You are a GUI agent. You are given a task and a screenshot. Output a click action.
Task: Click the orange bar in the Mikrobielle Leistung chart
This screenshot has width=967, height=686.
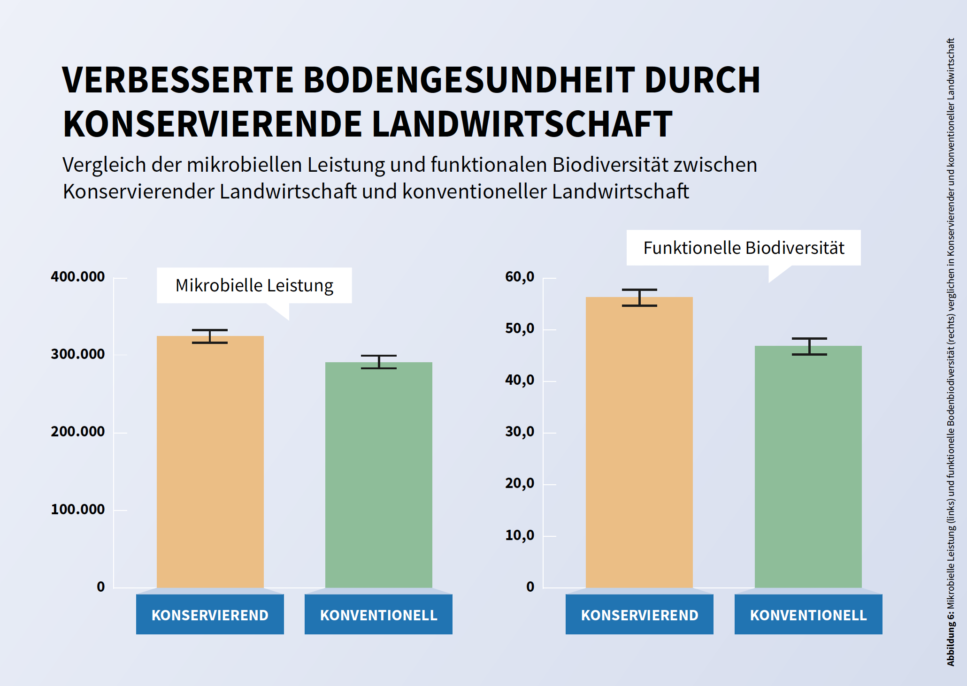[x=210, y=462]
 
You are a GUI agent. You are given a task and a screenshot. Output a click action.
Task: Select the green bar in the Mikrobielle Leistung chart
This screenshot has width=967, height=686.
[x=378, y=475]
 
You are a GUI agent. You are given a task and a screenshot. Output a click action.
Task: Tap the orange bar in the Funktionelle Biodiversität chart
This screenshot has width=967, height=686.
[x=639, y=442]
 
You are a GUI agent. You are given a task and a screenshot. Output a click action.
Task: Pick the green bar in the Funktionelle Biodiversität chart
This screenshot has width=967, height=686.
[x=808, y=467]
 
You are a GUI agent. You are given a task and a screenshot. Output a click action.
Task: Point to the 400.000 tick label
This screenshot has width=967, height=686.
[x=78, y=277]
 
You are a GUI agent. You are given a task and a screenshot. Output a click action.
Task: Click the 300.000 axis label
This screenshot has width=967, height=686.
[x=78, y=354]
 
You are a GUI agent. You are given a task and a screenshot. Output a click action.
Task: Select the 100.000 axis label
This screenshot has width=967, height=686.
[x=78, y=510]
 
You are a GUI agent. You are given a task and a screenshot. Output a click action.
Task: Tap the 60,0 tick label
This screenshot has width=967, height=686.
[x=520, y=277]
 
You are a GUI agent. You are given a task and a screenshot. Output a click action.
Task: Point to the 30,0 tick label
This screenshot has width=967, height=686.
[x=520, y=432]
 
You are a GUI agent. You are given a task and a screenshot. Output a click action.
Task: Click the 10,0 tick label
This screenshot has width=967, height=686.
[x=520, y=535]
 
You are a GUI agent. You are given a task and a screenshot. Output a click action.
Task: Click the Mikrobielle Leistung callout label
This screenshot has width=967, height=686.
[x=254, y=285]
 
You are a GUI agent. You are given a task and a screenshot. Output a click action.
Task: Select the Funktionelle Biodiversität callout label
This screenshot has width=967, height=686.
[x=744, y=248]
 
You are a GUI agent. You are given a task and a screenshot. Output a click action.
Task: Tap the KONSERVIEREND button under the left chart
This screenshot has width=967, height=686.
[x=210, y=615]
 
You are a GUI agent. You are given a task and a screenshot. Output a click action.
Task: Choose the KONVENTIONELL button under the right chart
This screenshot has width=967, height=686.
[x=808, y=615]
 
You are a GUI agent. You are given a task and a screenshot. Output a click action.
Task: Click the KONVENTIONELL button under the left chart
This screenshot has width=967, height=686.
[x=378, y=615]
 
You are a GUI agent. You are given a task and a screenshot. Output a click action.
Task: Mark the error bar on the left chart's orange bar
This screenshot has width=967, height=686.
[x=210, y=336]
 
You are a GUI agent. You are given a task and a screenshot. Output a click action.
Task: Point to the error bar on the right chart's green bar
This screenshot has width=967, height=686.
[x=809, y=346]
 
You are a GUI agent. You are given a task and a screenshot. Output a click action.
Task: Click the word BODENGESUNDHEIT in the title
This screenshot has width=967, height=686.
[x=469, y=80]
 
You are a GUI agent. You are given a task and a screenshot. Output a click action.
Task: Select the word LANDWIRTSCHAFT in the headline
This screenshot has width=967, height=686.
[x=522, y=124]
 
